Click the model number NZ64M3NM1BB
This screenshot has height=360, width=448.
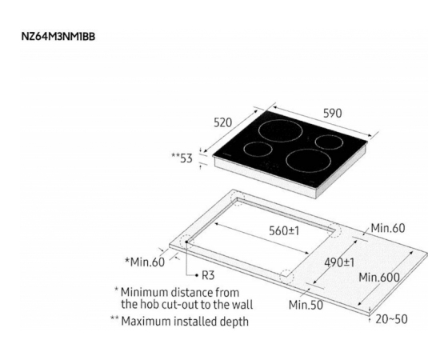coord(58,37)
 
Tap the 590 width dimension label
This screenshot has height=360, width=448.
coord(332,114)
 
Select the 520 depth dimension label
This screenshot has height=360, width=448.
coord(223,122)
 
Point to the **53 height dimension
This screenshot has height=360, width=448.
coord(182,158)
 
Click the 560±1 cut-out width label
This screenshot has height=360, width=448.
coord(284,230)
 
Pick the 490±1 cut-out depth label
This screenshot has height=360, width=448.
coord(339,262)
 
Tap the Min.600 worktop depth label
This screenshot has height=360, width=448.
coord(379,277)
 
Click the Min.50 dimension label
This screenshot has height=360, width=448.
coord(306,305)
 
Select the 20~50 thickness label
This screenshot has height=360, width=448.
coord(391,319)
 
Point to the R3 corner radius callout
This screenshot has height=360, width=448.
coord(208,275)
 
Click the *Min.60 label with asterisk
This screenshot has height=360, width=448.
coord(145,262)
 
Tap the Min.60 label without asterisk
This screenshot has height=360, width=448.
coord(388,228)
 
